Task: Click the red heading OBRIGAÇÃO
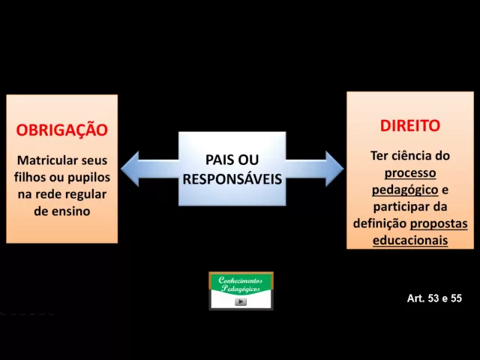pos(61,130)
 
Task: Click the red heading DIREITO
pos(409,125)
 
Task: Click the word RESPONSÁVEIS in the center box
pos(232,179)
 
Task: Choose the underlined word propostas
pos(439,223)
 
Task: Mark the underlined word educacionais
pos(409,241)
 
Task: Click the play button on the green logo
pos(241,301)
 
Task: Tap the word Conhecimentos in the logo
pos(241,280)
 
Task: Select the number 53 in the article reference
pos(434,298)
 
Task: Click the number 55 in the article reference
pos(455,298)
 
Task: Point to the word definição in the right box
pos(379,223)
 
